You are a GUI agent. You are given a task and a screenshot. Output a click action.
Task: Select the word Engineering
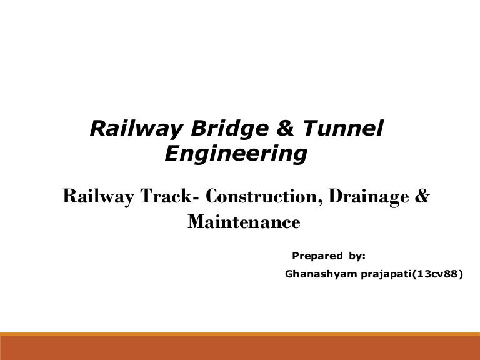[x=236, y=154]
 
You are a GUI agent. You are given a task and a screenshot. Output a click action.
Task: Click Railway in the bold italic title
[x=128, y=129]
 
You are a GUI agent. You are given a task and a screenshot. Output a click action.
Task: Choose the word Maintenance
[x=244, y=222]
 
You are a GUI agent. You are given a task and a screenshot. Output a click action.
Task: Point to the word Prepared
[x=316, y=256]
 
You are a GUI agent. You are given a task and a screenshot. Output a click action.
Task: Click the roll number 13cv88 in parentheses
[x=437, y=274]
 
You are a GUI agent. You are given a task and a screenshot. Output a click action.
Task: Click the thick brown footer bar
[x=240, y=349]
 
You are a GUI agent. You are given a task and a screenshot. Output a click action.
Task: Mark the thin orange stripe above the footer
[x=240, y=334]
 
